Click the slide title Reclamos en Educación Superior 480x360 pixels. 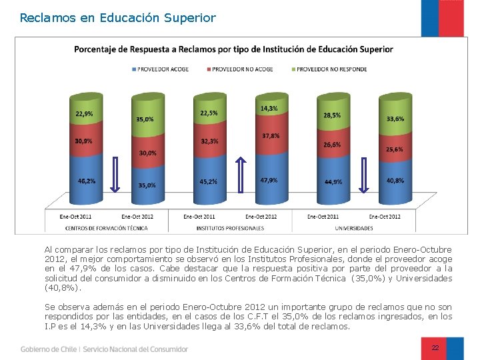[118, 18]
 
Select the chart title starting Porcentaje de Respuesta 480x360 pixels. [233, 49]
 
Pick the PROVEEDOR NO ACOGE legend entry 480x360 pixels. [242, 69]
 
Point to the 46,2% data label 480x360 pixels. [86, 181]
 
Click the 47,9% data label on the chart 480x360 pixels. [269, 180]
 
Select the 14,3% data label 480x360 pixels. [269, 109]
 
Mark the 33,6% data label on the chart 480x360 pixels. [395, 119]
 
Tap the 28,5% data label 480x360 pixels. [331, 115]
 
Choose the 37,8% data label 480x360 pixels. [270, 136]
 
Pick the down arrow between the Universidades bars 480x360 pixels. [364, 176]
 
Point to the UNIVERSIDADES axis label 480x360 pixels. [354, 228]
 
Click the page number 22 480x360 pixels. [435, 348]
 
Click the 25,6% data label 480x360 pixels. [394, 149]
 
